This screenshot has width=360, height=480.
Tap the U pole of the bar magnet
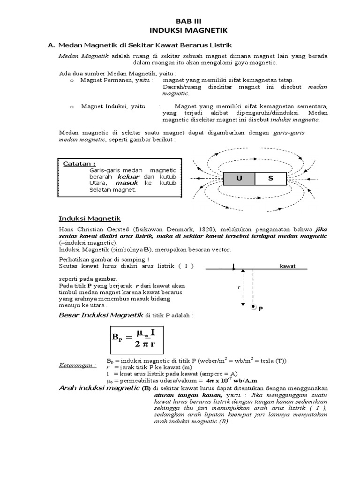[x=239, y=179]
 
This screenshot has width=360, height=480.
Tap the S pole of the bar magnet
[x=270, y=179]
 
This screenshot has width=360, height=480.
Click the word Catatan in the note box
[x=79, y=164]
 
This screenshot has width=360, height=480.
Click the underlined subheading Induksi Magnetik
[x=90, y=218]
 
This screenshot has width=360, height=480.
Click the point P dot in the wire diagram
[x=254, y=307]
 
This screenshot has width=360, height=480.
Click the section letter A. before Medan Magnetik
[x=52, y=45]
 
